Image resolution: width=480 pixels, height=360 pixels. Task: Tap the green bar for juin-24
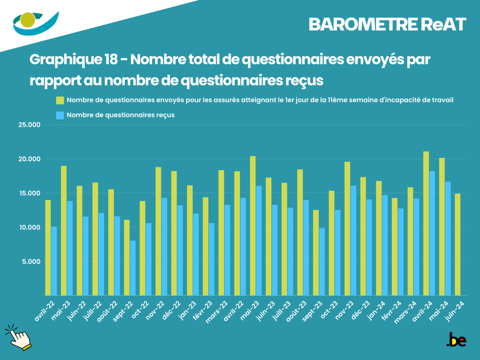(457, 244)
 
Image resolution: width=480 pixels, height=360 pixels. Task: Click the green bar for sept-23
(316, 253)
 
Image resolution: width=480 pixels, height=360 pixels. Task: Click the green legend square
(60, 100)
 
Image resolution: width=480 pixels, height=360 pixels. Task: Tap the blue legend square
(60, 115)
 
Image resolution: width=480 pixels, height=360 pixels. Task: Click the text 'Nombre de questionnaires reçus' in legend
(120, 115)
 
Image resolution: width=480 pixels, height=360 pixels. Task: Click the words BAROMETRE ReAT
(387, 25)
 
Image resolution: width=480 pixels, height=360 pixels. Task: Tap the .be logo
(456, 340)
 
